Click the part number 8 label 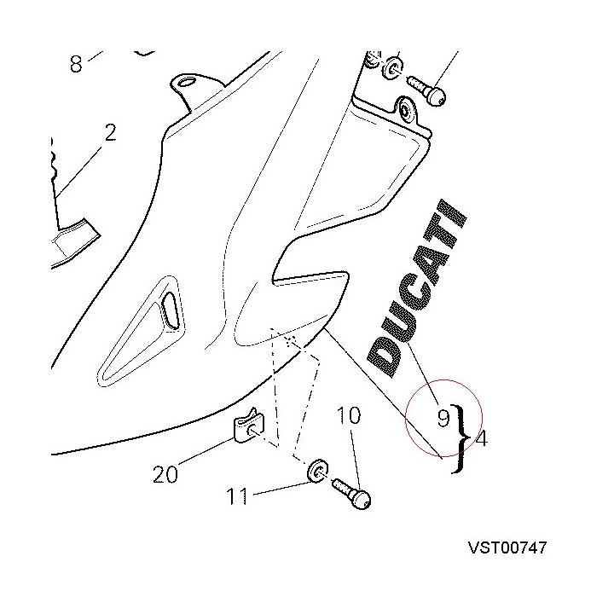(76, 63)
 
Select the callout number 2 (110, 133)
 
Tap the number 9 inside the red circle (443, 418)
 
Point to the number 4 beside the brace (482, 438)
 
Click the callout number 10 (348, 415)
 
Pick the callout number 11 (237, 496)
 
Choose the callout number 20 (165, 474)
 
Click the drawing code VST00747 (507, 547)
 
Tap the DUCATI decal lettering (417, 288)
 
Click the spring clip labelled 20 (249, 427)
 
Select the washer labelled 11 (317, 470)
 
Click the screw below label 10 (352, 494)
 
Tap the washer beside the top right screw (392, 68)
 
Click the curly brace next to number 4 (460, 438)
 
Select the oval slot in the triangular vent (170, 310)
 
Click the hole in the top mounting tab (188, 82)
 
